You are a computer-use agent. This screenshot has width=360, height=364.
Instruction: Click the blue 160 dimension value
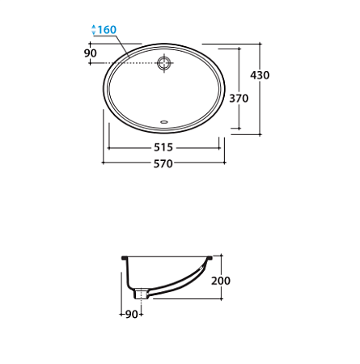pyautogui.click(x=107, y=30)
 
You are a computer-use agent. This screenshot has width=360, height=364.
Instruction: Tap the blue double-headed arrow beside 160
pyautogui.click(x=94, y=30)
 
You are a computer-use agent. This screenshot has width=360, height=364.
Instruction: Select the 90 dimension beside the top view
pyautogui.click(x=91, y=53)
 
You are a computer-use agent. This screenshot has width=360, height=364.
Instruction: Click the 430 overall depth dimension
pyautogui.click(x=260, y=75)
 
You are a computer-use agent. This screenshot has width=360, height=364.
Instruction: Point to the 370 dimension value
pyautogui.click(x=239, y=99)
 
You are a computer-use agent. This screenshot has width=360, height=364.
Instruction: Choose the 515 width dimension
pyautogui.click(x=163, y=147)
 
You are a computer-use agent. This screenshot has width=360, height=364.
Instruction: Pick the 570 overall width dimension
pyautogui.click(x=163, y=163)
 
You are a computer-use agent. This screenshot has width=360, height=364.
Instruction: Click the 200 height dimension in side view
pyautogui.click(x=221, y=281)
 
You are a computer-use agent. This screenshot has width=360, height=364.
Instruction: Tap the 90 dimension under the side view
pyautogui.click(x=132, y=314)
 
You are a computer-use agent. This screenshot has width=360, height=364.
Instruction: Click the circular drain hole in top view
pyautogui.click(x=164, y=63)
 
